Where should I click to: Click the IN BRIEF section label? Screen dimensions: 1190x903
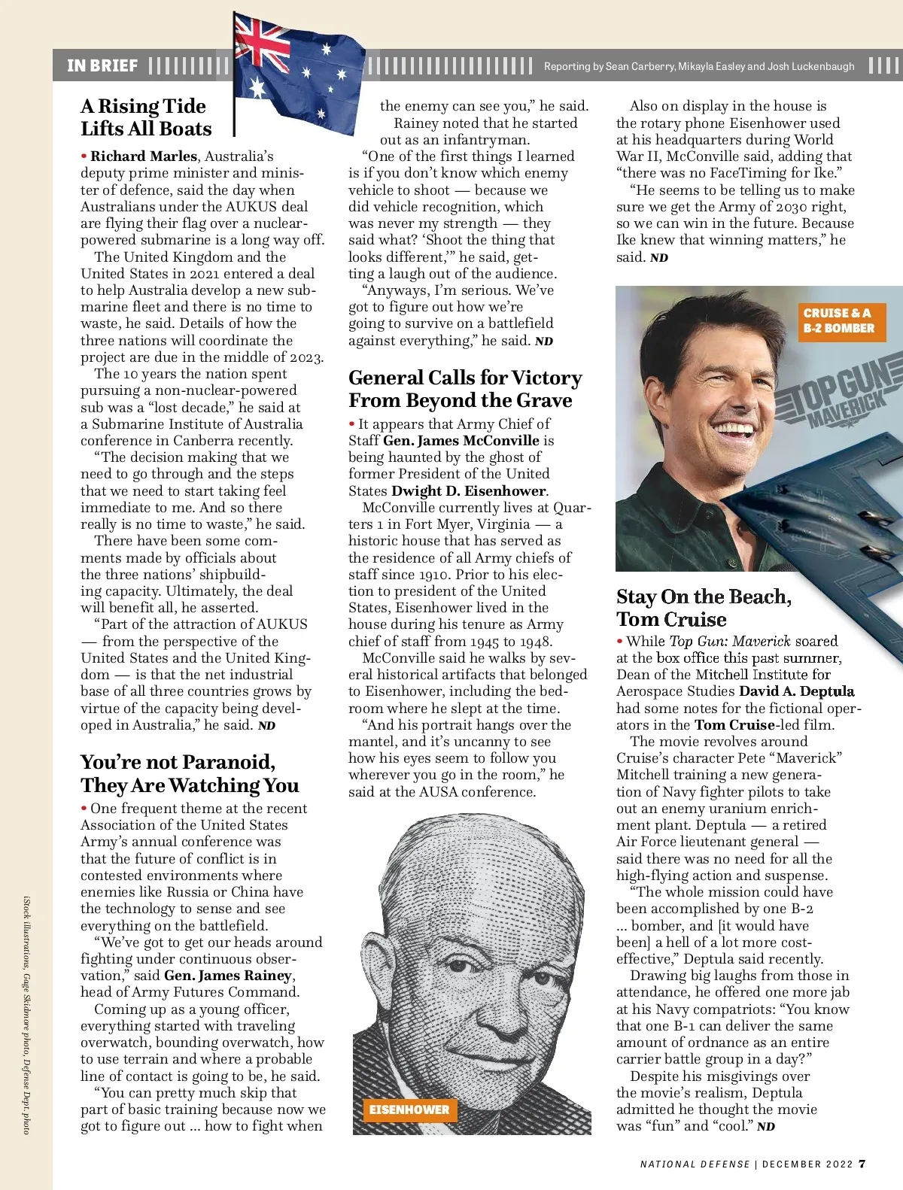pos(102,66)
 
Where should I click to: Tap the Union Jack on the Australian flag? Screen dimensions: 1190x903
pos(261,41)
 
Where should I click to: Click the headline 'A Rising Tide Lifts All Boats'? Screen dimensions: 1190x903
pos(147,117)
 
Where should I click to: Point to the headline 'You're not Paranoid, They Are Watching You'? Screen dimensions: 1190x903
pos(190,774)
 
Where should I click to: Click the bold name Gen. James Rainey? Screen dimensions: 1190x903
pos(228,976)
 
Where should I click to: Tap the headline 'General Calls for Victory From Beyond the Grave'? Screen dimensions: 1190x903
pos(465,389)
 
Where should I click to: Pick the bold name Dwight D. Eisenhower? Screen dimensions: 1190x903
pos(469,491)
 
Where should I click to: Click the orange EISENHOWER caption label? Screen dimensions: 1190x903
pos(409,1110)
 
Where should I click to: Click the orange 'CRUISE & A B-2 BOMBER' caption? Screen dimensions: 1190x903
pos(839,321)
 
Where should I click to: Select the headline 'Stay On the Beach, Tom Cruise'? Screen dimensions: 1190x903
pos(704,608)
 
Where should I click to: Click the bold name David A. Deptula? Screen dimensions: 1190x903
pos(797,691)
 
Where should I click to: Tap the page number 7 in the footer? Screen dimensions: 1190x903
pos(862,1164)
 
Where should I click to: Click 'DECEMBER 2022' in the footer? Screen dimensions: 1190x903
pos(807,1164)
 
